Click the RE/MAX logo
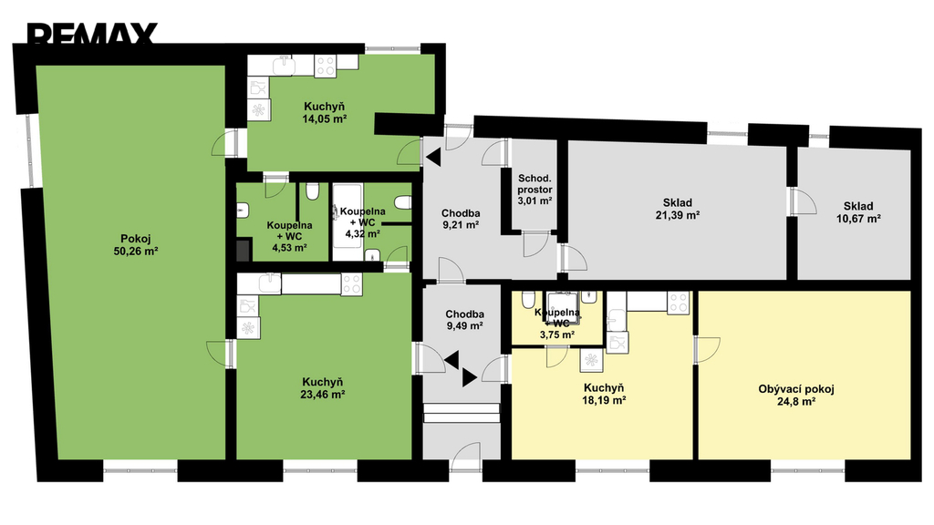(92, 34)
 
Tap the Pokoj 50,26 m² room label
(136, 244)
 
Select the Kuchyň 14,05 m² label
(324, 112)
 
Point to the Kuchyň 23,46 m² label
(323, 388)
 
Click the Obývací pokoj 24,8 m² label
(795, 396)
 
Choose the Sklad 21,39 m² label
(678, 209)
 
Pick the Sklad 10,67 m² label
(858, 212)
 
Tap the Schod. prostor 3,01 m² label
(534, 190)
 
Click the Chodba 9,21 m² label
(461, 219)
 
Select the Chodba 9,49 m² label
(464, 320)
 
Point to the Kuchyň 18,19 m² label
(604, 394)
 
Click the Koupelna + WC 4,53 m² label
(289, 236)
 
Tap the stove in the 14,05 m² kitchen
(326, 66)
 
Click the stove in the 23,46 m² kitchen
(351, 284)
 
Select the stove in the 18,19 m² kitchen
(678, 303)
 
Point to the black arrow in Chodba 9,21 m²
(433, 157)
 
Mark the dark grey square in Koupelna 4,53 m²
(243, 250)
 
